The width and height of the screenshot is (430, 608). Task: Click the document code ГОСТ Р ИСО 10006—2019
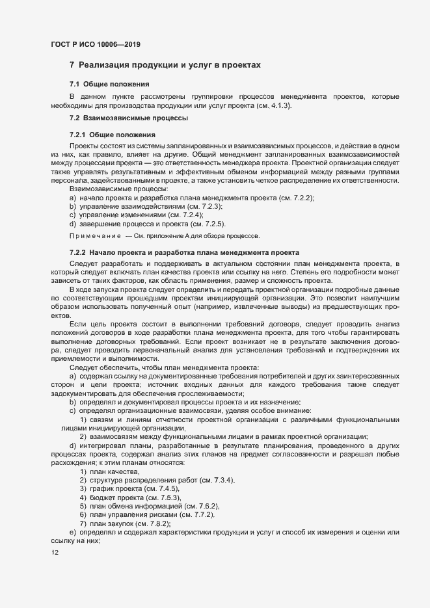point(96,44)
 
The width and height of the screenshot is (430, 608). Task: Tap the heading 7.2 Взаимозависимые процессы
point(129,118)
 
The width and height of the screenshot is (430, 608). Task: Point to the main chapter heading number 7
point(72,66)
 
